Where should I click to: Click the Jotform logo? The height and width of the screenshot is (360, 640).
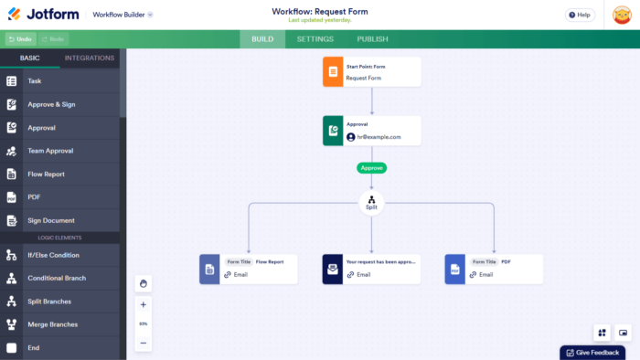tap(44, 15)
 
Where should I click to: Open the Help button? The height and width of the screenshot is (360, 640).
tap(579, 15)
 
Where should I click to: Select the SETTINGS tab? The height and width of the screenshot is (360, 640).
tap(315, 39)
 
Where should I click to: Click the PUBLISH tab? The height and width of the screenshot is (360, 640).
tap(372, 39)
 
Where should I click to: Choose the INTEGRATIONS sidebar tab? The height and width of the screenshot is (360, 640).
tap(90, 58)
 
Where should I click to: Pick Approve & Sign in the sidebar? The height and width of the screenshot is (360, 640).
tap(52, 104)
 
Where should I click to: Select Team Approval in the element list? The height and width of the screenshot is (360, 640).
tap(50, 151)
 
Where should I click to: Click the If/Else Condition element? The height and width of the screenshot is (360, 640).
tap(53, 255)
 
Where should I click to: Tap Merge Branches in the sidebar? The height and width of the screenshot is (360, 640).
tap(52, 324)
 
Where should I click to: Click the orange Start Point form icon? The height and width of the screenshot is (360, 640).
tap(332, 72)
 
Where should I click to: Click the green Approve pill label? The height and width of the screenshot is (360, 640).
tap(371, 168)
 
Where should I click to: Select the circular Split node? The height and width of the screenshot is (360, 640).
tap(371, 203)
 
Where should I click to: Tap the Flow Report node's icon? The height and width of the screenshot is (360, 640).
tap(209, 269)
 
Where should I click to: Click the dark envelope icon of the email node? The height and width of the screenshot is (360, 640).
tap(332, 269)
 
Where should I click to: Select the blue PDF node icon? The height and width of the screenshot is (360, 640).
tap(454, 269)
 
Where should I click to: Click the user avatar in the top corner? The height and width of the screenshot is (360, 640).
tap(622, 16)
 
